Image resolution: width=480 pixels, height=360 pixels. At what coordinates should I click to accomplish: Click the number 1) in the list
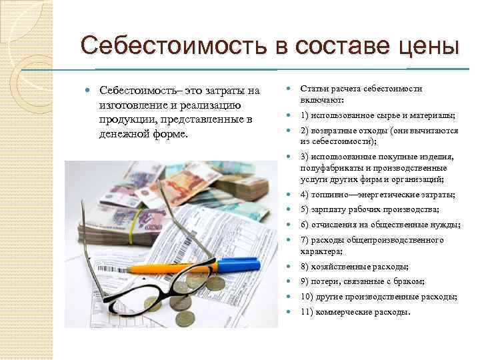tap(305, 115)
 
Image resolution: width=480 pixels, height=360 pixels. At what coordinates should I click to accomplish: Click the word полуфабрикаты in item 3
tap(331, 169)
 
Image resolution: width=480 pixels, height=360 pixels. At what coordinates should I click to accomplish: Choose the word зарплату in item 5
tap(330, 210)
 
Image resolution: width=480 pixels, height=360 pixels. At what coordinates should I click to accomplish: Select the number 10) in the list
tap(307, 297)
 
